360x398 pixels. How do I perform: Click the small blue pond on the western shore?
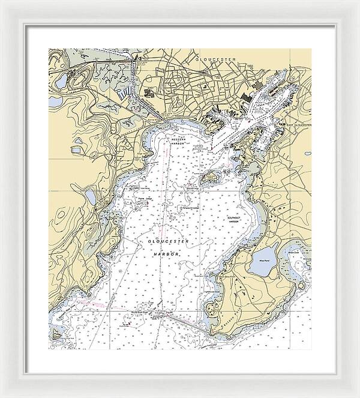point(91,197)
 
